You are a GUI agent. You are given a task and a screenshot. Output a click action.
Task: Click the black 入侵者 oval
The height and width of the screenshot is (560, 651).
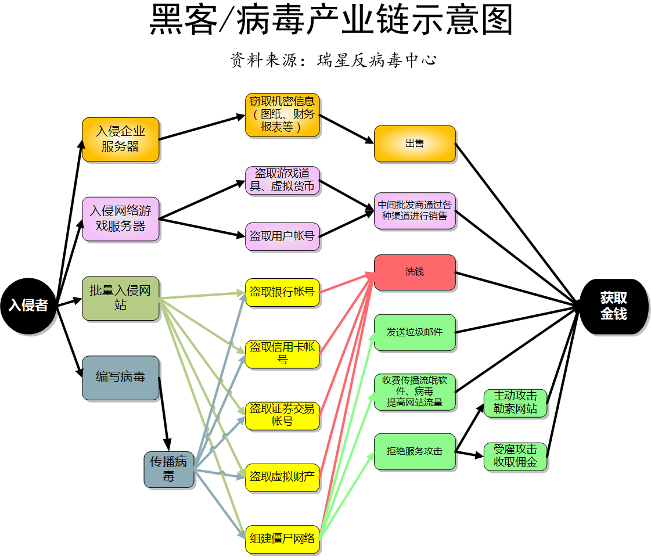point(28,306)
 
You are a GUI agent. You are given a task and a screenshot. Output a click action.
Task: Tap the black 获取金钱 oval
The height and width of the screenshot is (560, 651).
point(613,306)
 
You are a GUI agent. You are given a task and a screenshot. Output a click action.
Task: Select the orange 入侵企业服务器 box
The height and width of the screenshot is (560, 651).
point(120,139)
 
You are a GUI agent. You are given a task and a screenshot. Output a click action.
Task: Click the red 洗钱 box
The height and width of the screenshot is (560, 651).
point(414,272)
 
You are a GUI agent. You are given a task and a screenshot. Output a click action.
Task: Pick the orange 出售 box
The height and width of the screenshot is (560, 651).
point(414,143)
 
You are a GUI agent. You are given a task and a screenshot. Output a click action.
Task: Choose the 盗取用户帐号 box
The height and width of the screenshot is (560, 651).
point(282,236)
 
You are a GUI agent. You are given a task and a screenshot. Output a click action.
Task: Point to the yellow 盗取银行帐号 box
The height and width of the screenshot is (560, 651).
point(282,292)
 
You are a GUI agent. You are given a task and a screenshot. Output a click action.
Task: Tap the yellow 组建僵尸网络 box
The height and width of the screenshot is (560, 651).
point(282,538)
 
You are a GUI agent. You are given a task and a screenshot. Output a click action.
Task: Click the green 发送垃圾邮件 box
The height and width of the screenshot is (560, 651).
point(414,332)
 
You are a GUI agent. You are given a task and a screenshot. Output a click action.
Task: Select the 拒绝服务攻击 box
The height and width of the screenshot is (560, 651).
point(414,451)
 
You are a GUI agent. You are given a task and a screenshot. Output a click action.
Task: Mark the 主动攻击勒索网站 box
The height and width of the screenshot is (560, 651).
point(515,403)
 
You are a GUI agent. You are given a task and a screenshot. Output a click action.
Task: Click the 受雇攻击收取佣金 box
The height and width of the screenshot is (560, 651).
point(515,457)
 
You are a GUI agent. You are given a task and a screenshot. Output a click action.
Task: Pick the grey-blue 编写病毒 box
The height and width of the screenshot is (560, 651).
point(120,378)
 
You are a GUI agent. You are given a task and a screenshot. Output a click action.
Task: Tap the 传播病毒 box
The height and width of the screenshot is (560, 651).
point(169,469)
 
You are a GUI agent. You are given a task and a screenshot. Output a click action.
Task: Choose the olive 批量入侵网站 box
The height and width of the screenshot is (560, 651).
point(120,298)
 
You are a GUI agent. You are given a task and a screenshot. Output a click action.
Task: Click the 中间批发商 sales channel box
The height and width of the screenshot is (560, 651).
point(414,210)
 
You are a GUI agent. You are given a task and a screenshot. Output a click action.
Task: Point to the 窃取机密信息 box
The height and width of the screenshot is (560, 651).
point(282,114)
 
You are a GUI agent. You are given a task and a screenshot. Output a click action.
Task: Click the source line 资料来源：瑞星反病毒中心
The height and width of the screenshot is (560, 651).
point(333,60)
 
